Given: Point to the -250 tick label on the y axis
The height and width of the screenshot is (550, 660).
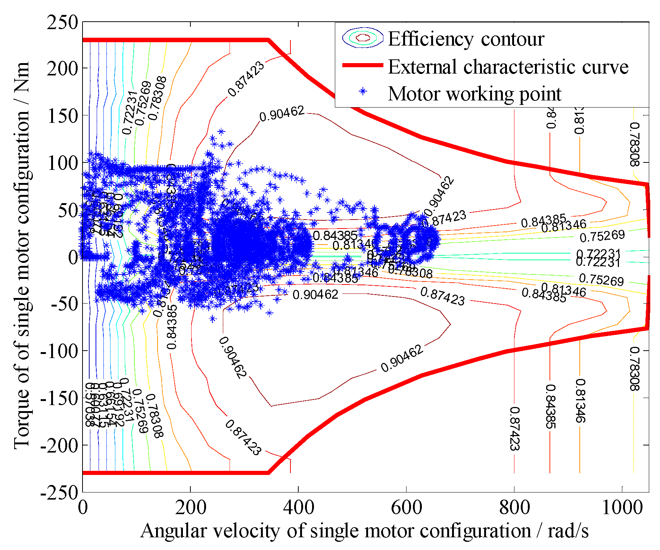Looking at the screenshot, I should (x=59, y=493).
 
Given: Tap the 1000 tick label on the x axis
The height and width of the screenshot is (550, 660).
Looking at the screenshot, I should (x=622, y=508).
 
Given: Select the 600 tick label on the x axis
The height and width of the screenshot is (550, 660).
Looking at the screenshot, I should (x=406, y=508).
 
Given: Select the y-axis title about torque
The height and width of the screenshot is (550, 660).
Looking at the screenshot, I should (x=22, y=256).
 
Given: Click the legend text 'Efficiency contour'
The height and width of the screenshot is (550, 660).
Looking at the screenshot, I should (x=466, y=39).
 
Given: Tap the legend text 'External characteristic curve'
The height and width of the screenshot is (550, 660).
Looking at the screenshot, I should (x=508, y=67).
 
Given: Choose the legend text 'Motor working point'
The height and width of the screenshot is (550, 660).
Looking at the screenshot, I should (x=474, y=94).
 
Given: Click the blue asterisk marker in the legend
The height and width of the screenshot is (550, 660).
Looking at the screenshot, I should (x=362, y=92).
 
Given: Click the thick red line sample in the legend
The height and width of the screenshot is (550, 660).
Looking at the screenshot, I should (x=362, y=65).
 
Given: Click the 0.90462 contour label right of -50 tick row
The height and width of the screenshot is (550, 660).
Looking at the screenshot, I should (x=315, y=295).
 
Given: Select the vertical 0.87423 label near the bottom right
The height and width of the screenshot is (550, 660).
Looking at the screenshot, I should (x=514, y=429).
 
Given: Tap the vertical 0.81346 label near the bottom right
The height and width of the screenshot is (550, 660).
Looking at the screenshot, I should (x=580, y=401).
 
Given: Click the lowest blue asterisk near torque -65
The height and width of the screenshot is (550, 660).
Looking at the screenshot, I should (x=213, y=319).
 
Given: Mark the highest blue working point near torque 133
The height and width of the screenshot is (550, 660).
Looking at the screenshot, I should (x=221, y=131).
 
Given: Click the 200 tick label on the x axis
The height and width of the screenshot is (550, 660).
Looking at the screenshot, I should (x=190, y=508).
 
